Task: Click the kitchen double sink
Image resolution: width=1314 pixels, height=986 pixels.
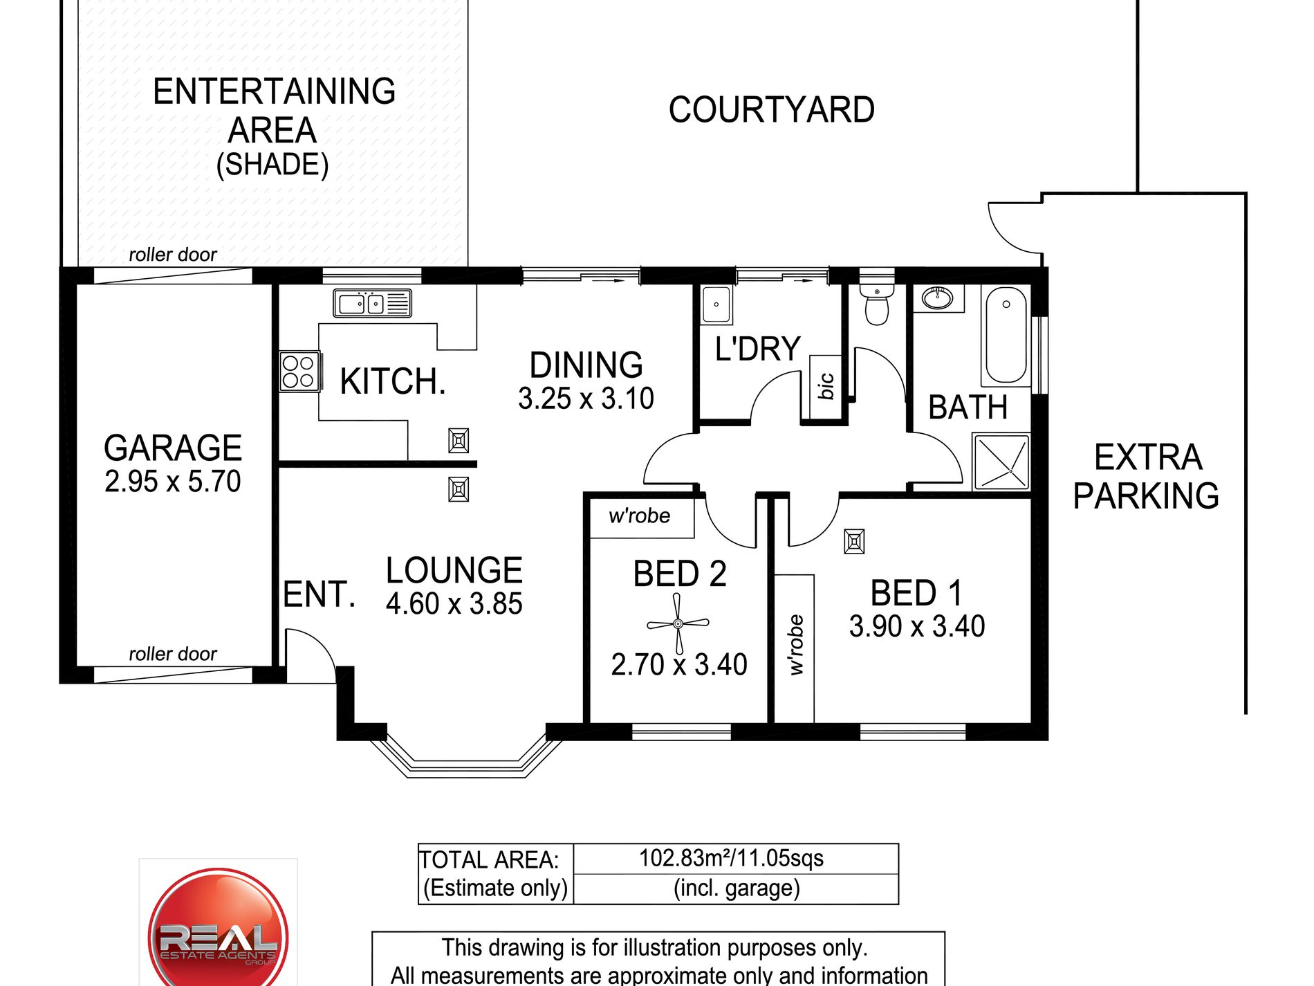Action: (372, 303)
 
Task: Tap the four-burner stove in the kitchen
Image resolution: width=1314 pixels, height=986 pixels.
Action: (299, 372)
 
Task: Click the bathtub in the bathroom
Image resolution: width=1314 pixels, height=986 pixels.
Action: (1006, 336)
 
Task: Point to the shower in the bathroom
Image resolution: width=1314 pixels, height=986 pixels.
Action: (1001, 462)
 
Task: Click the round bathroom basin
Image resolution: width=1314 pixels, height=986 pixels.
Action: (937, 298)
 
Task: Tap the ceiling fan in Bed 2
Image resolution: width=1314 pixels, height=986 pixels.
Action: (678, 624)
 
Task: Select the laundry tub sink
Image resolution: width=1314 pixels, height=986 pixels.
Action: (716, 304)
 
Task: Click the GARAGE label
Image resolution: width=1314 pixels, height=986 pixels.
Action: (173, 448)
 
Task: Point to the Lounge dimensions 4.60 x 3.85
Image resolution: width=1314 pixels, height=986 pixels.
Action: (454, 603)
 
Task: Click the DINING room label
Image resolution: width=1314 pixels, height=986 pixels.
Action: (586, 365)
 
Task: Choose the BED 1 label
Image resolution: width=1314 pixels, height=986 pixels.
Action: (916, 593)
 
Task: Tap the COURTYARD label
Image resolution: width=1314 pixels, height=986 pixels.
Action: (771, 110)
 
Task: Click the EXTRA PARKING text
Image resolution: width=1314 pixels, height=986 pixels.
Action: (1146, 476)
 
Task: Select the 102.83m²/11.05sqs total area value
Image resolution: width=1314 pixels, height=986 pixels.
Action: (731, 858)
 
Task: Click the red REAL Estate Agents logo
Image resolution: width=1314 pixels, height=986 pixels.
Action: (218, 927)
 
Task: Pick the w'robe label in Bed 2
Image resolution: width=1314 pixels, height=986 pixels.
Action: (640, 515)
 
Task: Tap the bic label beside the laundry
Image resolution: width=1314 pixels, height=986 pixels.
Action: (826, 386)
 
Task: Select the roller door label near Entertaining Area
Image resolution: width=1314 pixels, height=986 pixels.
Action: (173, 255)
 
